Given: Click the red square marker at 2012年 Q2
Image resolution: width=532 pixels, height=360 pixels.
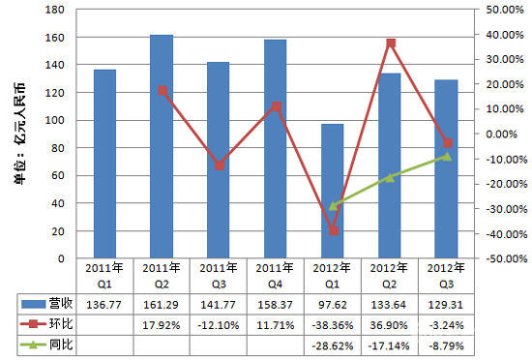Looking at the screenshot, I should pos(390,43).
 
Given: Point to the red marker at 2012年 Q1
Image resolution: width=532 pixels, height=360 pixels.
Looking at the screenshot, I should pos(333,230).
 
